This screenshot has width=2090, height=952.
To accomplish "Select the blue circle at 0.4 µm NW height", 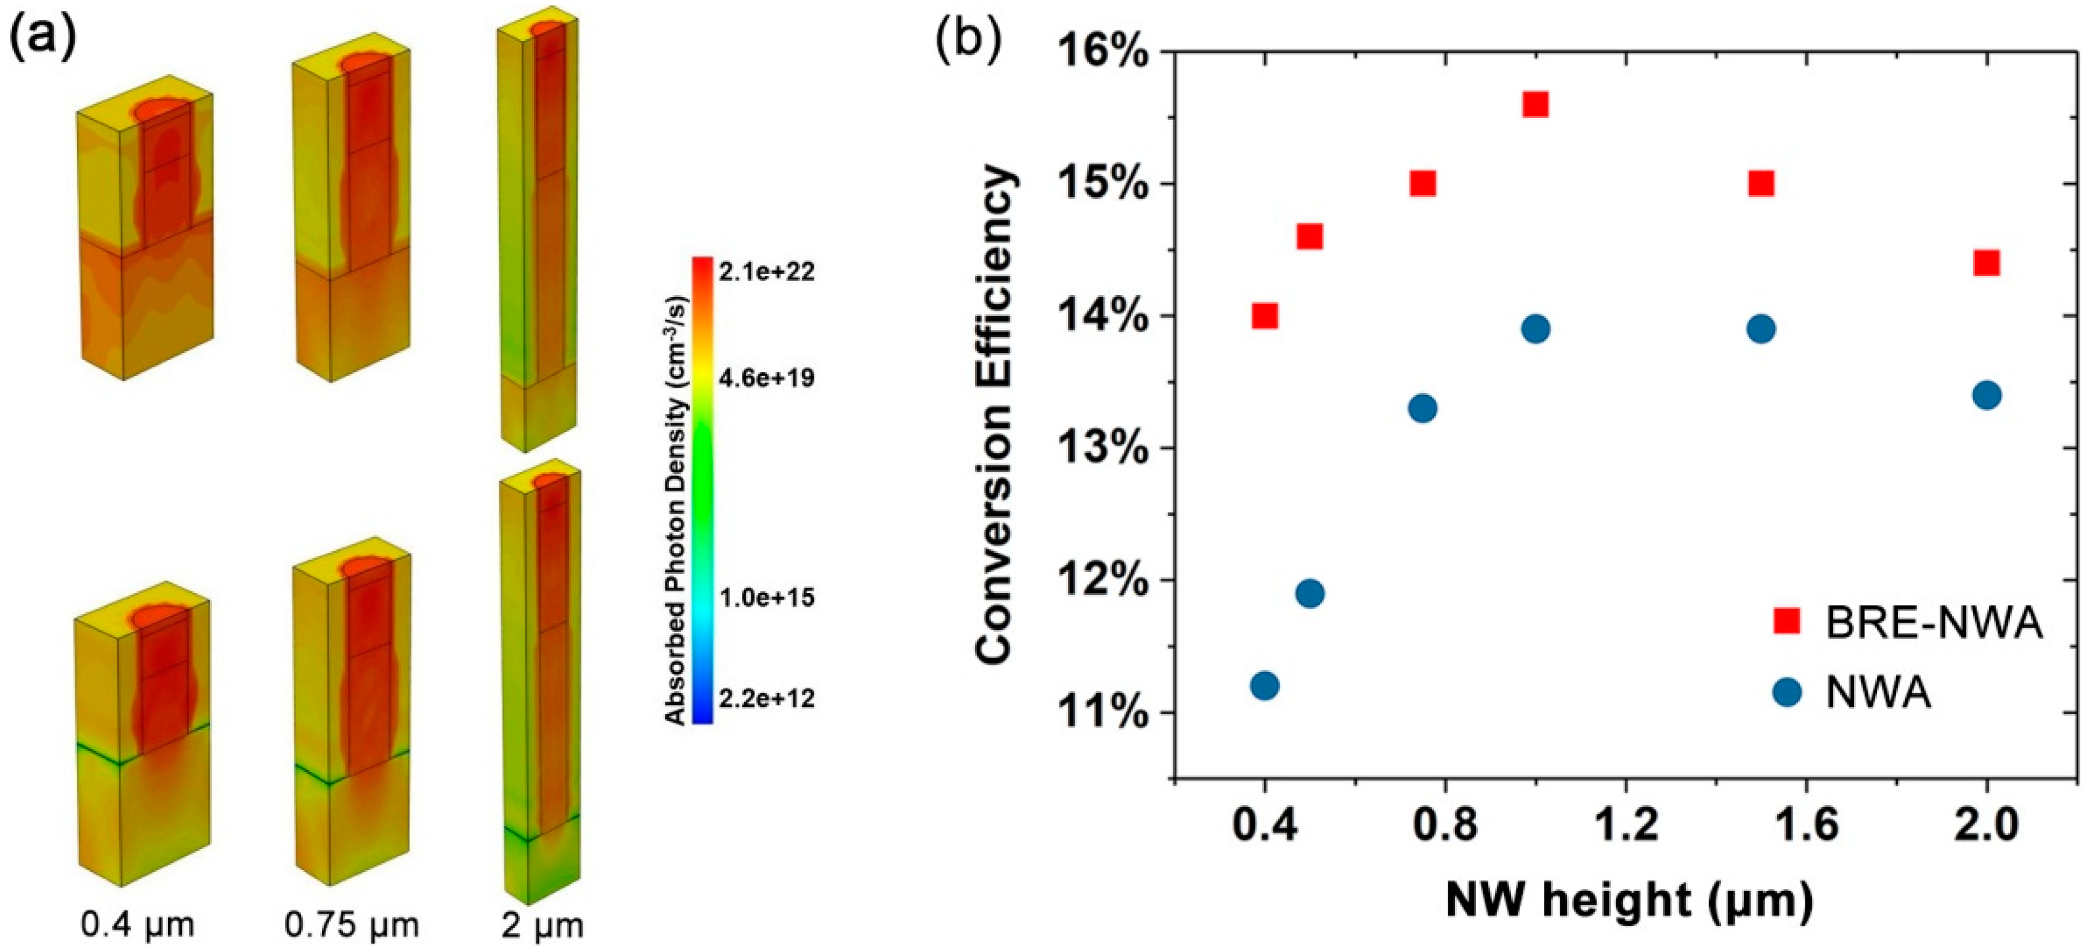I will pyautogui.click(x=1264, y=686).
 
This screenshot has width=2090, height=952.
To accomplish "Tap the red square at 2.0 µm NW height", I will pyautogui.click(x=1986, y=263).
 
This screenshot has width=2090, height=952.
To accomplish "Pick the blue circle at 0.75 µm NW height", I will pyautogui.click(x=1422, y=408).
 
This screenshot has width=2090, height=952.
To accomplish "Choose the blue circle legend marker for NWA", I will pyautogui.click(x=1787, y=692).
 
